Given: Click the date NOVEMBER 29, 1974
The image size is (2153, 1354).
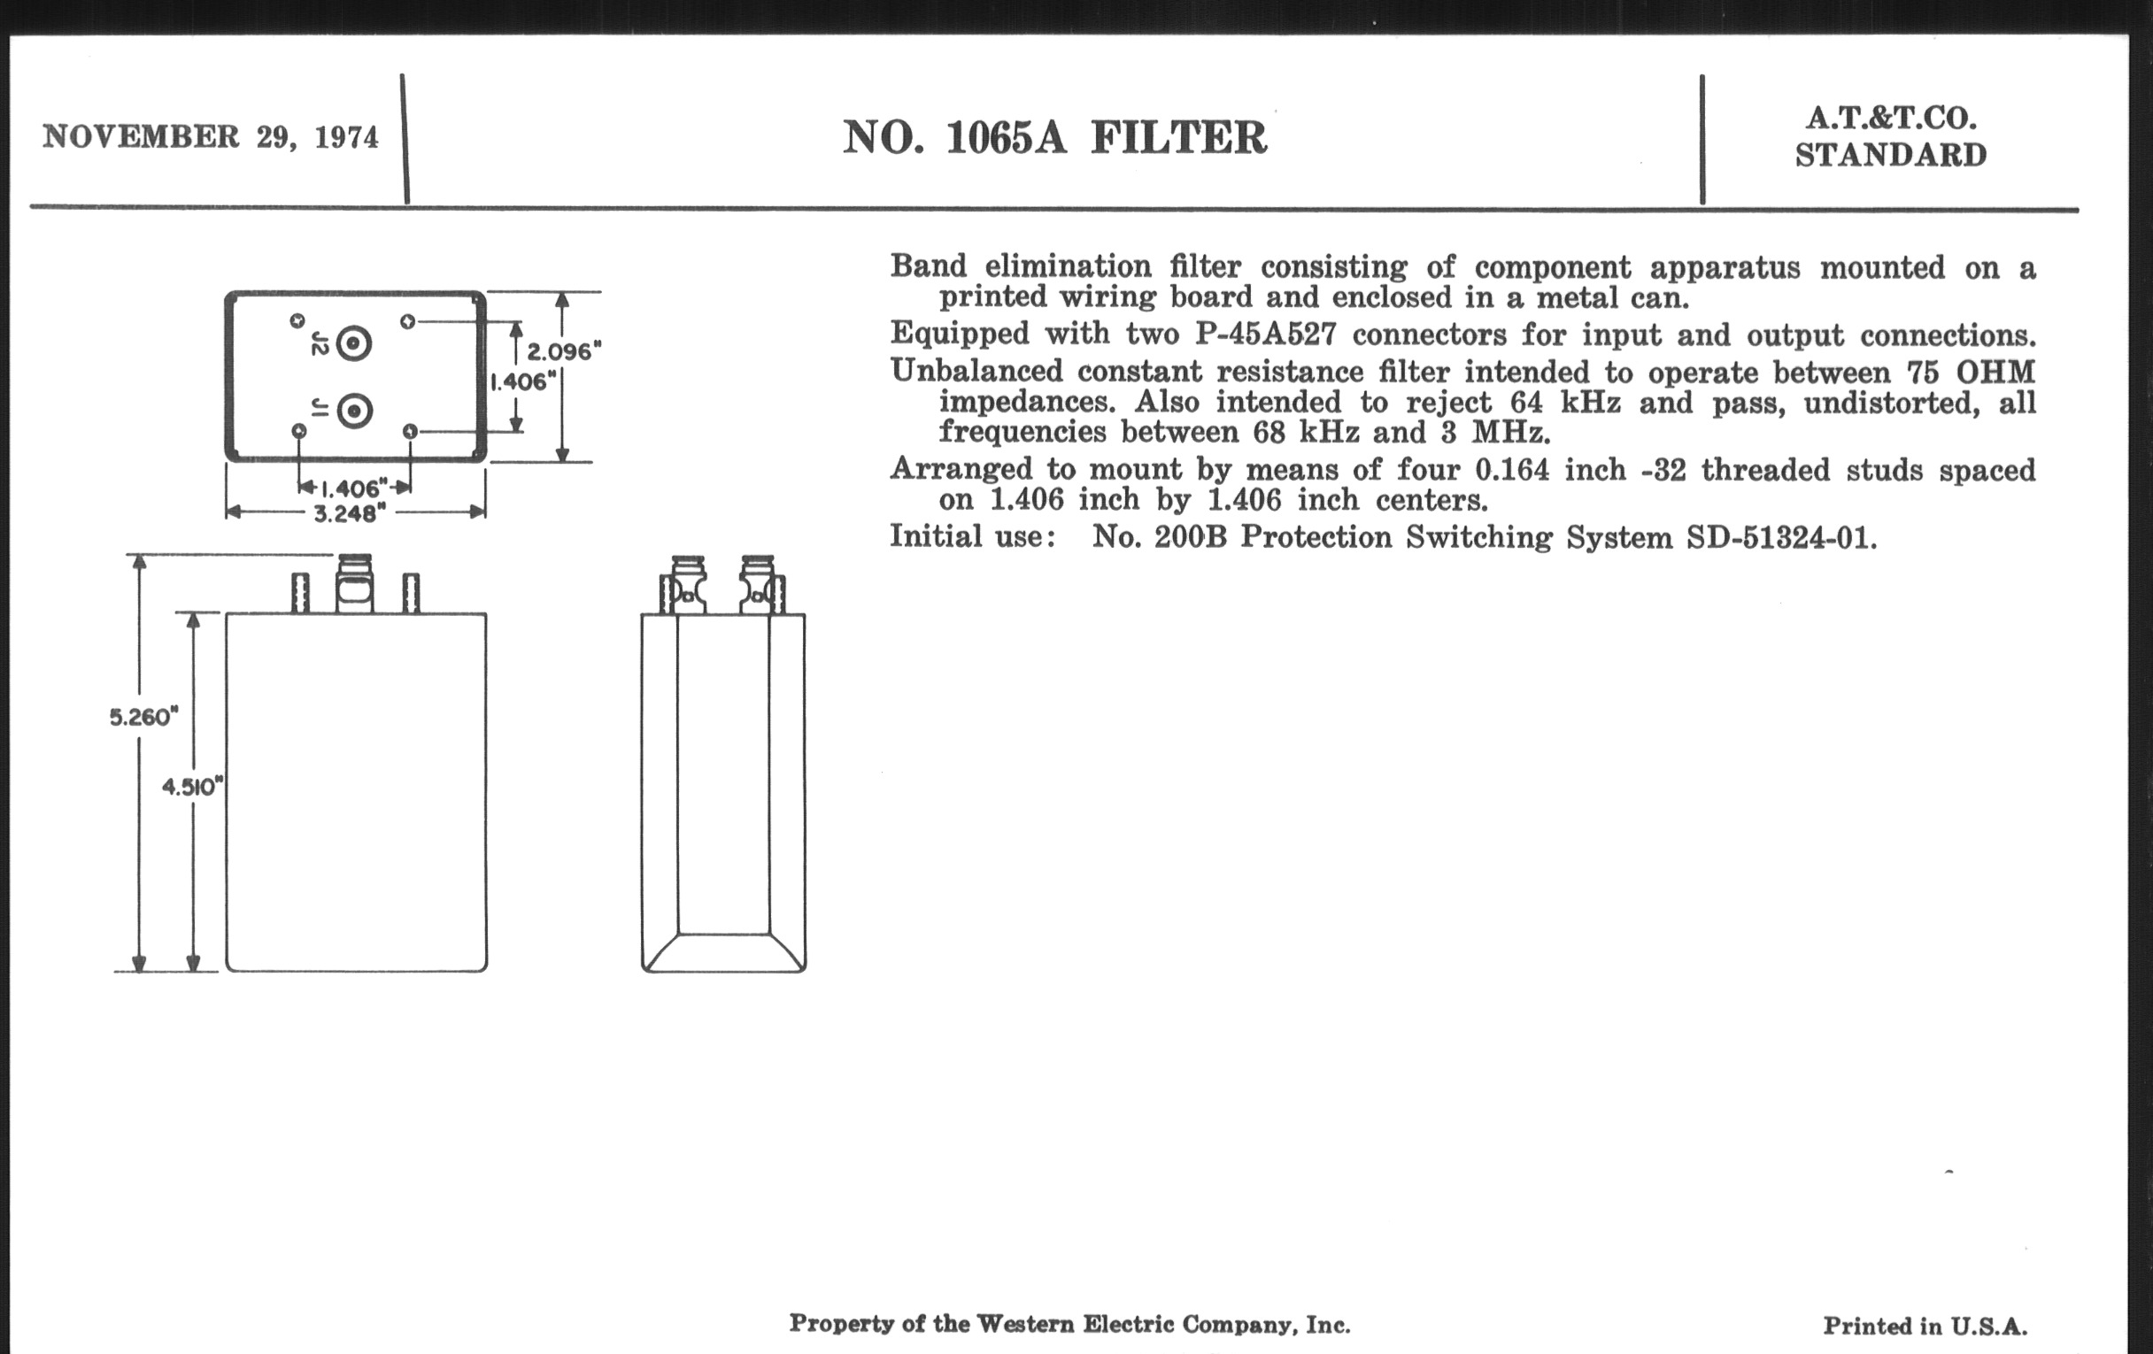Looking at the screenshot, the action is tap(211, 138).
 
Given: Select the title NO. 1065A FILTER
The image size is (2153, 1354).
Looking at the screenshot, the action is tap(1055, 138).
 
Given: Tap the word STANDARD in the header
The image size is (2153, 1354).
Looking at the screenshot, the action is tap(1891, 156).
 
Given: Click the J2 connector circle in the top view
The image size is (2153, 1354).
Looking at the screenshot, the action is tap(354, 343).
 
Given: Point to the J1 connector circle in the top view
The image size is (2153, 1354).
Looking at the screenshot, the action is tap(354, 412).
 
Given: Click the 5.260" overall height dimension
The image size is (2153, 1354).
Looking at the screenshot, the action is tap(144, 717).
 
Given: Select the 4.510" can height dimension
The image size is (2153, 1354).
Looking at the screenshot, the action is tap(192, 787).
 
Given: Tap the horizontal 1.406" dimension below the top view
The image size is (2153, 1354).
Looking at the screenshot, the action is tap(354, 488).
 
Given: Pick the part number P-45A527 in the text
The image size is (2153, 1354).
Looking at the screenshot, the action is tap(1266, 335).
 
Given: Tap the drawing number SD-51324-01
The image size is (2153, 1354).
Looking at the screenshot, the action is tap(1781, 537).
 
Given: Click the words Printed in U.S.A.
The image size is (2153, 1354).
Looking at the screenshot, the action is tap(1925, 1327).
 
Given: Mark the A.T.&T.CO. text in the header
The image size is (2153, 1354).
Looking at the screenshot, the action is tap(1891, 118).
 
